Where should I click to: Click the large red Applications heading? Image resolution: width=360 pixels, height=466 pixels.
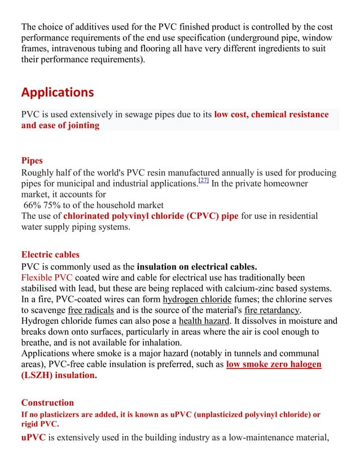click(58, 92)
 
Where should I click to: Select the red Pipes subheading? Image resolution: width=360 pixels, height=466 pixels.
click(32, 161)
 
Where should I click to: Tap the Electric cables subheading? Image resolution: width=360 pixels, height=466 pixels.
click(50, 254)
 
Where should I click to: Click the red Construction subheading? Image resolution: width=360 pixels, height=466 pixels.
click(47, 402)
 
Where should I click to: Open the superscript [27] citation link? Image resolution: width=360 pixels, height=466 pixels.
click(203, 181)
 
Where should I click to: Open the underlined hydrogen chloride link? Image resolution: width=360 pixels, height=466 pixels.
click(197, 299)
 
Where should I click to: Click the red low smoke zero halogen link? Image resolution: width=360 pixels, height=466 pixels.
click(274, 364)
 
